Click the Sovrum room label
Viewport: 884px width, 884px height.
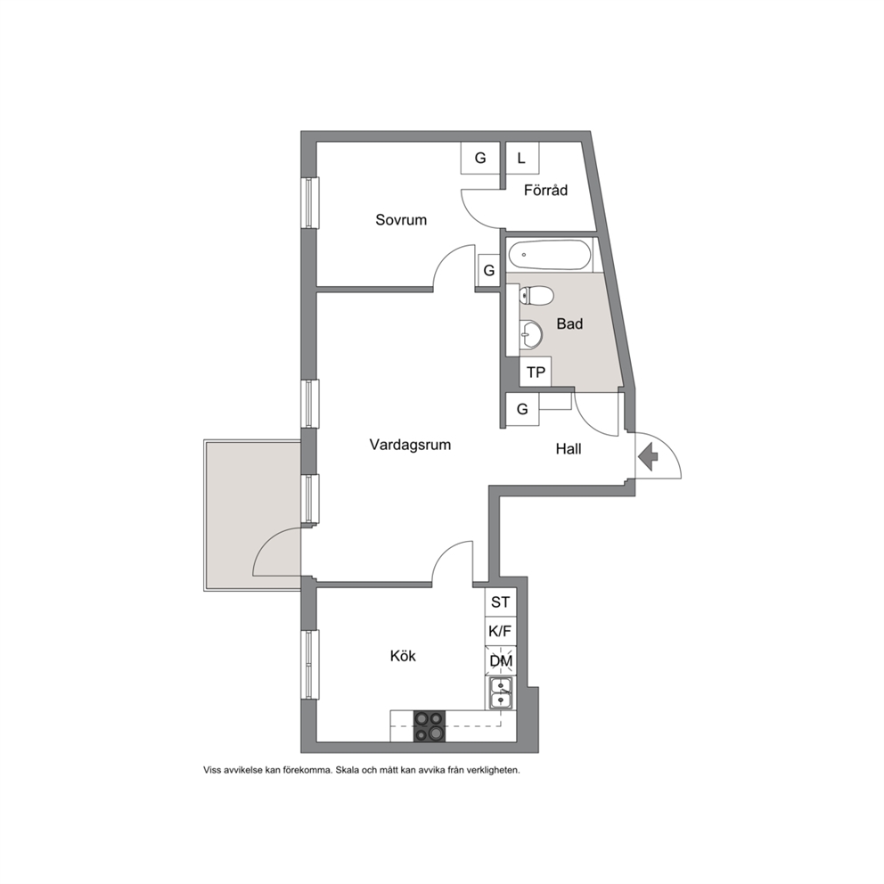tap(401, 219)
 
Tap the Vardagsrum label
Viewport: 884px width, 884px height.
tap(410, 445)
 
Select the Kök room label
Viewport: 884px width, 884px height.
tap(403, 656)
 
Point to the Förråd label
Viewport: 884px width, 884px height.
tap(545, 190)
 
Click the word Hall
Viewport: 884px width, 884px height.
tap(569, 449)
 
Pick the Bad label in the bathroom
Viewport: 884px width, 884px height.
tap(569, 323)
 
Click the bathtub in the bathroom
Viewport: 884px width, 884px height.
tap(550, 255)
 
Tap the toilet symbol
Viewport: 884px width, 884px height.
tap(536, 296)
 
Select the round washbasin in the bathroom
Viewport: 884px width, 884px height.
tap(530, 335)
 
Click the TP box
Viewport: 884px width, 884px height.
tap(536, 372)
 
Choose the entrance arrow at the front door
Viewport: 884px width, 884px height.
tap(649, 456)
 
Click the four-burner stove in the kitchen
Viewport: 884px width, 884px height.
tap(430, 726)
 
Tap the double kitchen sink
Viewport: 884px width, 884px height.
tap(501, 693)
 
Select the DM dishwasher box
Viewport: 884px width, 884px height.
tap(501, 660)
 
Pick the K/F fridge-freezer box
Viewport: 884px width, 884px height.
tap(501, 632)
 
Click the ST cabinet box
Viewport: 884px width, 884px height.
tap(501, 602)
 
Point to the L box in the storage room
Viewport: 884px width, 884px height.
tap(522, 158)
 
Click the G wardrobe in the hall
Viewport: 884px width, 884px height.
tap(522, 409)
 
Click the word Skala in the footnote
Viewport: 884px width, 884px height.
tap(347, 770)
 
